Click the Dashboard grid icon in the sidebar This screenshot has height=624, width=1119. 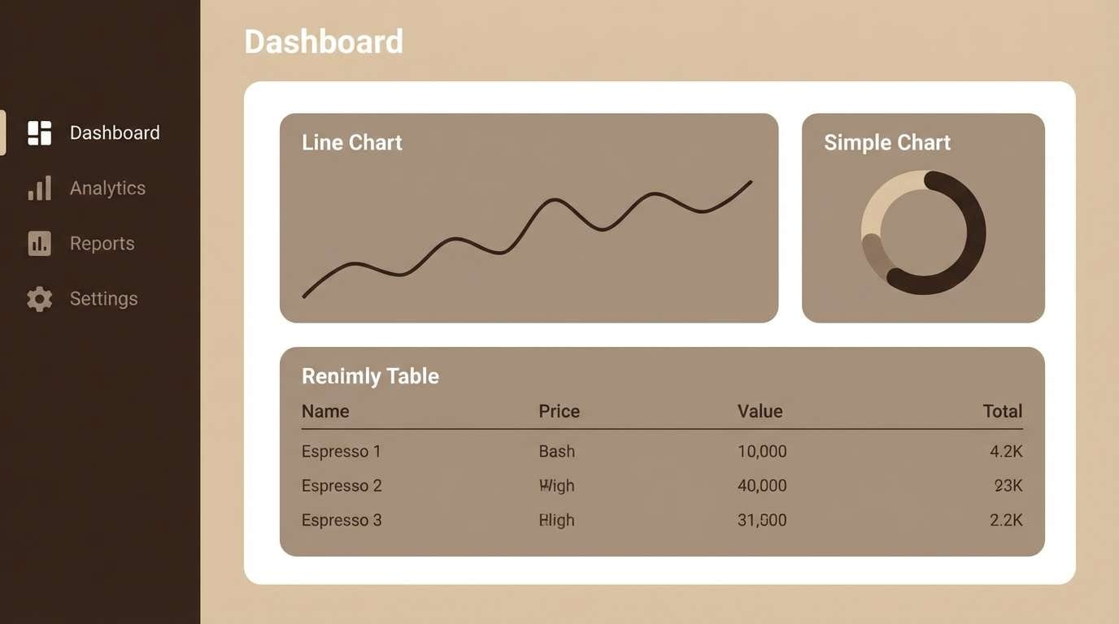point(39,132)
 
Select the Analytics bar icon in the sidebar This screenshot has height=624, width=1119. point(39,188)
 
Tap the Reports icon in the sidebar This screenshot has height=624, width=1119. point(39,243)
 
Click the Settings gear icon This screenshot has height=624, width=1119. point(39,299)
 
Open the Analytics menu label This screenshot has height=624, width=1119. point(107,188)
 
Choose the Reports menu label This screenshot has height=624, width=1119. point(102,243)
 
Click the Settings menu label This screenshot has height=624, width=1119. point(103,298)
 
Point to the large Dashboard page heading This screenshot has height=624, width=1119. point(324,41)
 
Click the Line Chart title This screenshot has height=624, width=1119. point(351,142)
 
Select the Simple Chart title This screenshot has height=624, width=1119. point(886,142)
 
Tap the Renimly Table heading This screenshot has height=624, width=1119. point(370,375)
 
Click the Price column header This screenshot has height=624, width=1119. point(559,411)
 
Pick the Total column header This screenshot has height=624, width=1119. point(1002,411)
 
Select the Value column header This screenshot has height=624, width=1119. point(760,411)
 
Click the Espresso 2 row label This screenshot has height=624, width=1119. point(342,486)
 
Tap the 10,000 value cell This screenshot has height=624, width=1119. point(762,451)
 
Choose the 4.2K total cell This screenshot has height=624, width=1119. point(1006,451)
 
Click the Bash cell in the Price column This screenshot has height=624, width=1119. point(556,451)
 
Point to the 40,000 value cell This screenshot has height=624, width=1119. point(762,486)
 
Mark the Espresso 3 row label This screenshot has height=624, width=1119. point(342,520)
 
